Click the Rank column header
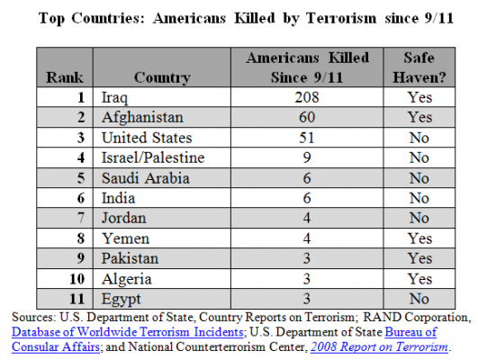(x=64, y=77)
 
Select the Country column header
(x=162, y=77)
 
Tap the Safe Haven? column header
(x=419, y=67)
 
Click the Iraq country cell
(x=114, y=97)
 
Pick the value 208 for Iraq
(x=307, y=97)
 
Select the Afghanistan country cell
(x=142, y=117)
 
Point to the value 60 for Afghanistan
(x=307, y=117)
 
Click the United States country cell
(x=147, y=138)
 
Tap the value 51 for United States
(x=307, y=138)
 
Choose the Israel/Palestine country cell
(x=153, y=157)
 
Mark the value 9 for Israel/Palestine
(x=307, y=157)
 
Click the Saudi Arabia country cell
(x=146, y=178)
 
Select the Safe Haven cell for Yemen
(x=419, y=238)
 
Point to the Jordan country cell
(x=123, y=219)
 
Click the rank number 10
(x=77, y=279)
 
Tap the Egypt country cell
(x=121, y=299)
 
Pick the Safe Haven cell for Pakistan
(x=419, y=258)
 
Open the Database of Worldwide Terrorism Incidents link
(x=128, y=332)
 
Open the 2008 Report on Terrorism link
(x=379, y=346)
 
